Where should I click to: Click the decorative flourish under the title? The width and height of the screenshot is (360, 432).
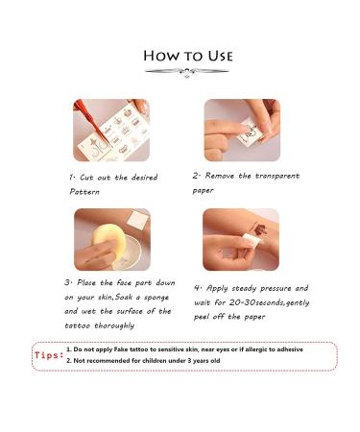pyautogui.click(x=187, y=72)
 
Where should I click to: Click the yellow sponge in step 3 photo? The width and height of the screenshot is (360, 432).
pyautogui.click(x=106, y=240)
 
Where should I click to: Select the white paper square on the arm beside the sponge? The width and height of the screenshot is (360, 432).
pyautogui.click(x=138, y=221)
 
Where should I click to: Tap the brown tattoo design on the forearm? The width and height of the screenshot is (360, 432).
pyautogui.click(x=260, y=228)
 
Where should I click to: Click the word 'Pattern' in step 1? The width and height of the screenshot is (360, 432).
pyautogui.click(x=84, y=192)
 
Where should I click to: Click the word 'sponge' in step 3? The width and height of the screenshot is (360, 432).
pyautogui.click(x=156, y=298)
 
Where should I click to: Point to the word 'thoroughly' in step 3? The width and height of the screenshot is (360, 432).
pyautogui.click(x=114, y=325)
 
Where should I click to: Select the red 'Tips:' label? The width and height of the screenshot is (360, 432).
pyautogui.click(x=49, y=355)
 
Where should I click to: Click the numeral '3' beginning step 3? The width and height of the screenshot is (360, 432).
pyautogui.click(x=67, y=283)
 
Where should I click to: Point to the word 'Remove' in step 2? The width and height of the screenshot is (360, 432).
pyautogui.click(x=220, y=176)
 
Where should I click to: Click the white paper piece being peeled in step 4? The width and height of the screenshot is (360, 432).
pyautogui.click(x=251, y=239)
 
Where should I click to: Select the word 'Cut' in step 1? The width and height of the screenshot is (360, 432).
pyautogui.click(x=86, y=178)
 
